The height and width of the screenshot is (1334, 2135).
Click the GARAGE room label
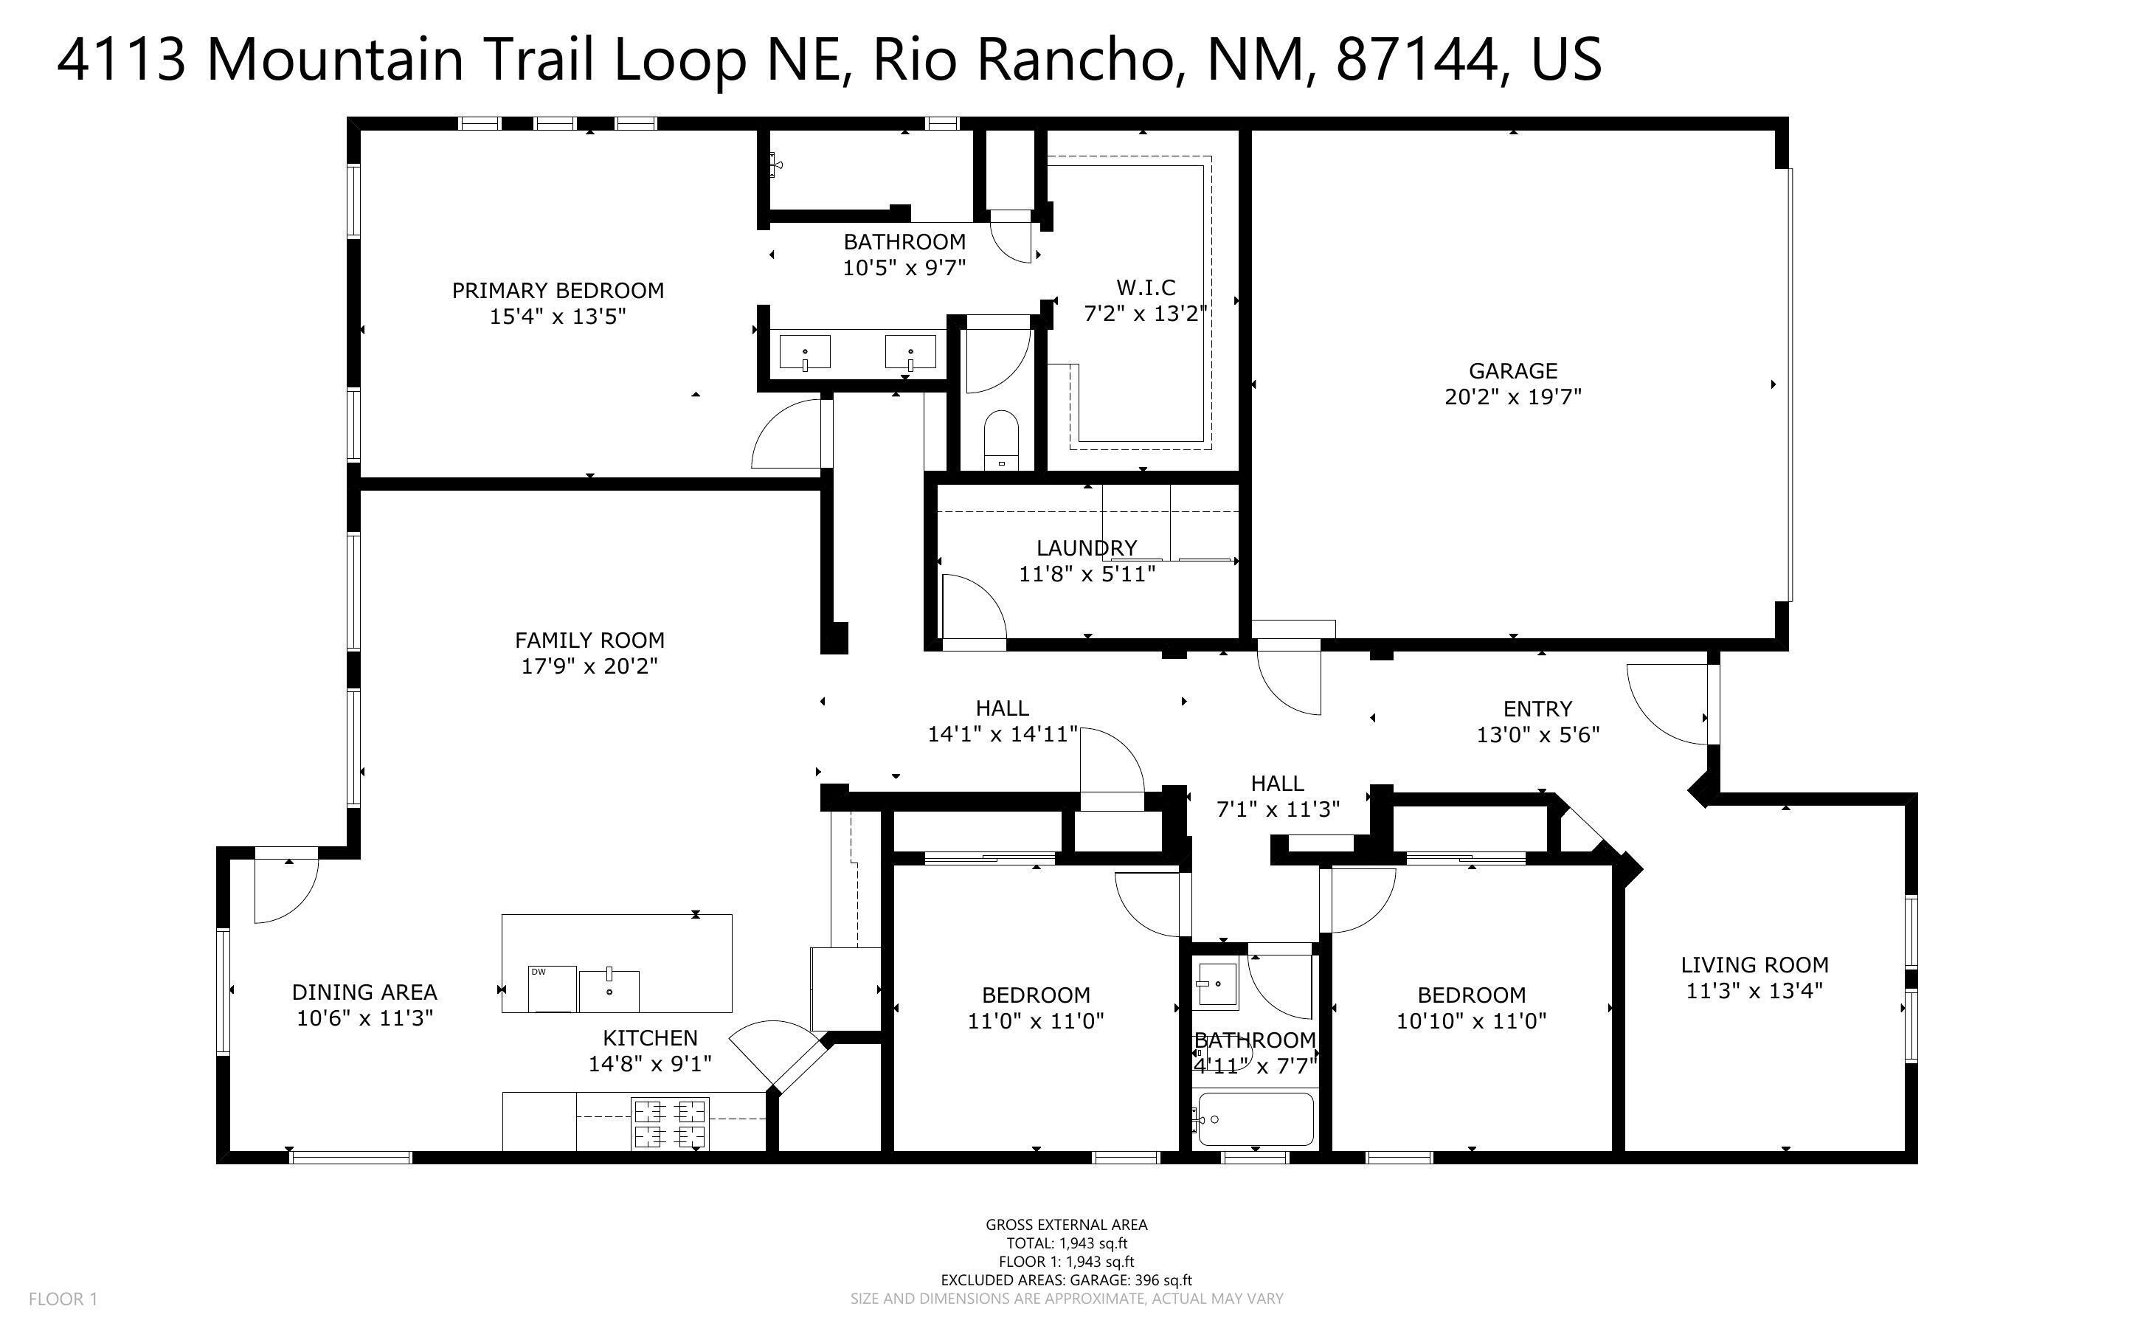1512,370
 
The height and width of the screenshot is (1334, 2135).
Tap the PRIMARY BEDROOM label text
557,290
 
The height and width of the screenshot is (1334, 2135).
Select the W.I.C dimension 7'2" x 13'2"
1145,313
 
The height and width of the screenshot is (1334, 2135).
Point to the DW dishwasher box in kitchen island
552,989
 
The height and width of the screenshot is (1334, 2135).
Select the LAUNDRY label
1087,548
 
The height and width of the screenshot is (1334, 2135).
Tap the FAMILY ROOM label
589,640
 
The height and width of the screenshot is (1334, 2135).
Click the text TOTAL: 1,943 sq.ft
1066,1243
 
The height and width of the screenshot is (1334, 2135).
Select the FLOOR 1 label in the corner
63,1299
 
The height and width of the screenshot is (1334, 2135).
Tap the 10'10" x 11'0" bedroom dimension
1471,1021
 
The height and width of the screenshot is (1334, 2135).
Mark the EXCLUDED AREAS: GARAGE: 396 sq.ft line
1066,1280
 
